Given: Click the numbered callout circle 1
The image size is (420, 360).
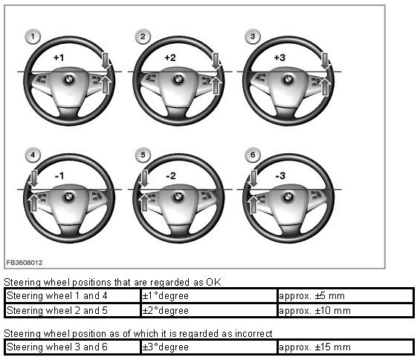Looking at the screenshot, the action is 33,36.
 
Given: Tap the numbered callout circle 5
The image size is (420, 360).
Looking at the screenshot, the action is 143,155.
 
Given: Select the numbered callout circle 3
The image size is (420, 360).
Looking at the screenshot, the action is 253,36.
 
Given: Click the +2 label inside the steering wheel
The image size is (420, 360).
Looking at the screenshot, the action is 170,57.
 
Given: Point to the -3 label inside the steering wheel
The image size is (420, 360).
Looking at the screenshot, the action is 280,176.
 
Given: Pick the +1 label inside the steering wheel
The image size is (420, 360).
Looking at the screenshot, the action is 59,57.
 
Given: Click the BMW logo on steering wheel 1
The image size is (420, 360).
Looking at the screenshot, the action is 69,80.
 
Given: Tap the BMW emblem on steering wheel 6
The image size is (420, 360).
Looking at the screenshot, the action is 288,197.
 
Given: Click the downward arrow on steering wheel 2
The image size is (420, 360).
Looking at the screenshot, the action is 216,61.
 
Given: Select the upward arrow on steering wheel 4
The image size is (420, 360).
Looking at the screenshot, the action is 33,202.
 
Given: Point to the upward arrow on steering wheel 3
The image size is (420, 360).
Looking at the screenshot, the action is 325,86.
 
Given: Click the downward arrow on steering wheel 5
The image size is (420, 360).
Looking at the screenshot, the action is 144,179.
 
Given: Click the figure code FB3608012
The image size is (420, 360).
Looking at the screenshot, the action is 25,263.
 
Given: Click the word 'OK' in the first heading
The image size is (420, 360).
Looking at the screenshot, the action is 213,282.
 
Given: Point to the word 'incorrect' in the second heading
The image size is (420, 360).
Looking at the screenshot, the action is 253,333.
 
